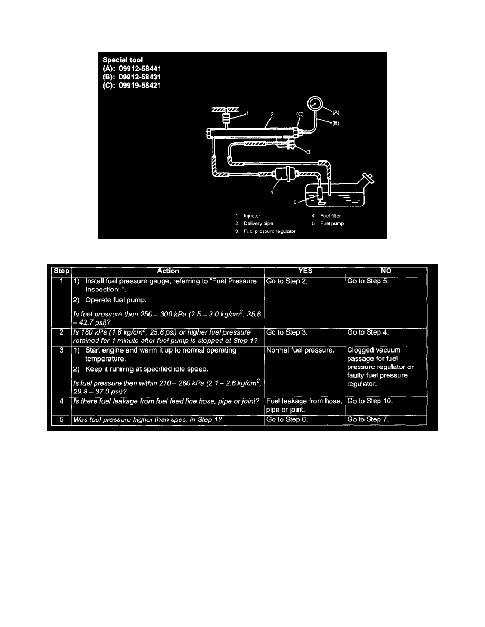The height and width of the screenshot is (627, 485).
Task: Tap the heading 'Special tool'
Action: point(123,60)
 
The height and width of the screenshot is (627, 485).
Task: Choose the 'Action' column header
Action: point(168,271)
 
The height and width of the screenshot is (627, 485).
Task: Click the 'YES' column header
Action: point(305,271)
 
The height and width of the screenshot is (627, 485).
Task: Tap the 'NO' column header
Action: point(386,271)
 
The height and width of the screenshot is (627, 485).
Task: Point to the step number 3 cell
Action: point(62,350)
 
